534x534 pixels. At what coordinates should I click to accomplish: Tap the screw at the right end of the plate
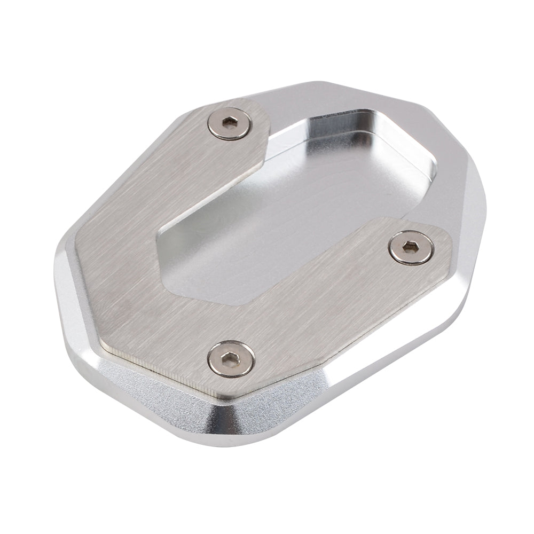pos(411,246)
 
